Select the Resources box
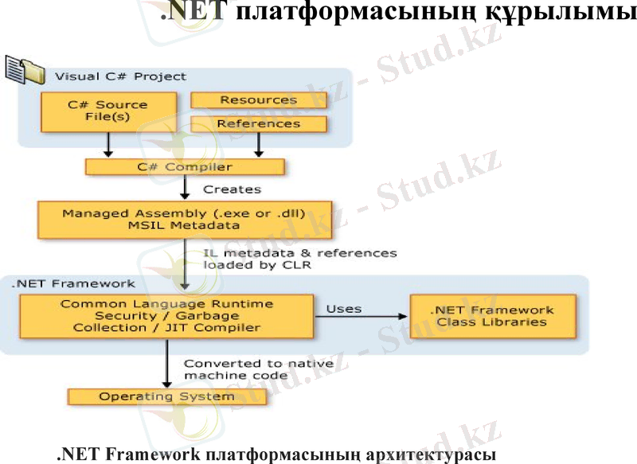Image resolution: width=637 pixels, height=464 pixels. point(258,100)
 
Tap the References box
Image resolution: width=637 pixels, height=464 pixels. point(258,124)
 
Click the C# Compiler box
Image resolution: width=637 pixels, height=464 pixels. point(184,167)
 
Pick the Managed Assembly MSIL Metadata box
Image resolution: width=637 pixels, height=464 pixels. point(185,219)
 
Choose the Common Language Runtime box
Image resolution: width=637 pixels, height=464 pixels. point(166,316)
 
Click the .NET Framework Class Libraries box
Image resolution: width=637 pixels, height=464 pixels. point(491,316)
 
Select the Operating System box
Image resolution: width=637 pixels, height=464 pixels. point(166,396)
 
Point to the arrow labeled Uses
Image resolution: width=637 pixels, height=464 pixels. point(361,317)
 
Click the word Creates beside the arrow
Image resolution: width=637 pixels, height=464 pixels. point(232,189)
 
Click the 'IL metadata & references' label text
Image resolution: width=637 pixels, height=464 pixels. point(299,253)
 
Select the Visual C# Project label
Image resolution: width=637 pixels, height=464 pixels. point(120,76)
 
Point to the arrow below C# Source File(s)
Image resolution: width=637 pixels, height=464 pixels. point(107,144)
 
